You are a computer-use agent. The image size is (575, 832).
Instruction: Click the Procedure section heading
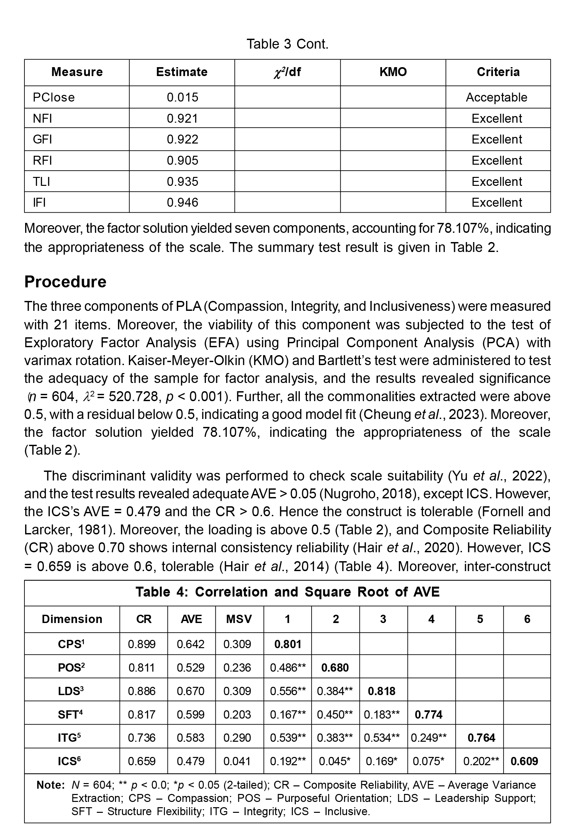tap(65, 282)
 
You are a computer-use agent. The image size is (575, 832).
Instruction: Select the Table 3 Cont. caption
tap(287, 44)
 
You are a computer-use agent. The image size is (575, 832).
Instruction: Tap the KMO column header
tap(393, 72)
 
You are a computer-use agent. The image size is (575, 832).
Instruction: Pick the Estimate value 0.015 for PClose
tap(182, 97)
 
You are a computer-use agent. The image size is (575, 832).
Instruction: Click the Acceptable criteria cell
tap(496, 97)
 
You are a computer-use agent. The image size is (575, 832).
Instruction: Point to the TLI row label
tap(41, 181)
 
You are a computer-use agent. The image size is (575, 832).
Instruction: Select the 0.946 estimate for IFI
tap(182, 202)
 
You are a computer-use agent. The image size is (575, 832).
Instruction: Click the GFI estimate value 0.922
tap(182, 139)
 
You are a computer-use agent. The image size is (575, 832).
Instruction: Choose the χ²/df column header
tap(287, 72)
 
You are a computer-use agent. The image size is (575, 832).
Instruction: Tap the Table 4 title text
tap(287, 592)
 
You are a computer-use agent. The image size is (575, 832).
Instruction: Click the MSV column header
tap(239, 619)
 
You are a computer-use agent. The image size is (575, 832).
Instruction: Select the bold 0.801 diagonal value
tap(287, 644)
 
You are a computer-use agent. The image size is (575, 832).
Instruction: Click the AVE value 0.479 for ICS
tap(191, 761)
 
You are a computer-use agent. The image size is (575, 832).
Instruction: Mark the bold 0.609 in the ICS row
tap(524, 761)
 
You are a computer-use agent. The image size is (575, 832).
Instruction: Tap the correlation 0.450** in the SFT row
tap(335, 715)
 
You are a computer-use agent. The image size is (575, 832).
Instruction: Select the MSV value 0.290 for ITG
tap(237, 737)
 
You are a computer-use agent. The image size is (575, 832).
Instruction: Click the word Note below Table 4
tap(51, 785)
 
